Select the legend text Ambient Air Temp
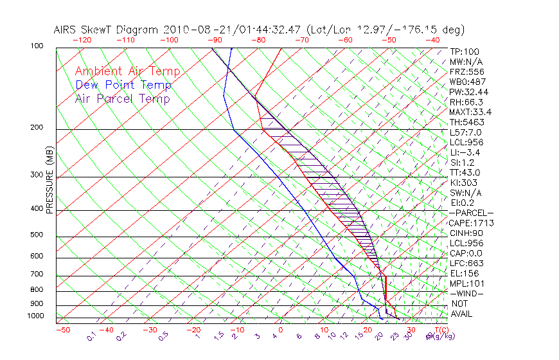click(x=127, y=71)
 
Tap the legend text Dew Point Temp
click(x=123, y=85)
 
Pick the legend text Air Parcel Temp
click(x=122, y=98)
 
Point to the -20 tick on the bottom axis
click(x=193, y=330)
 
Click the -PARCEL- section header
click(x=471, y=213)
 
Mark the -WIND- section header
click(x=466, y=293)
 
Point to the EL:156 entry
click(x=464, y=273)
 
